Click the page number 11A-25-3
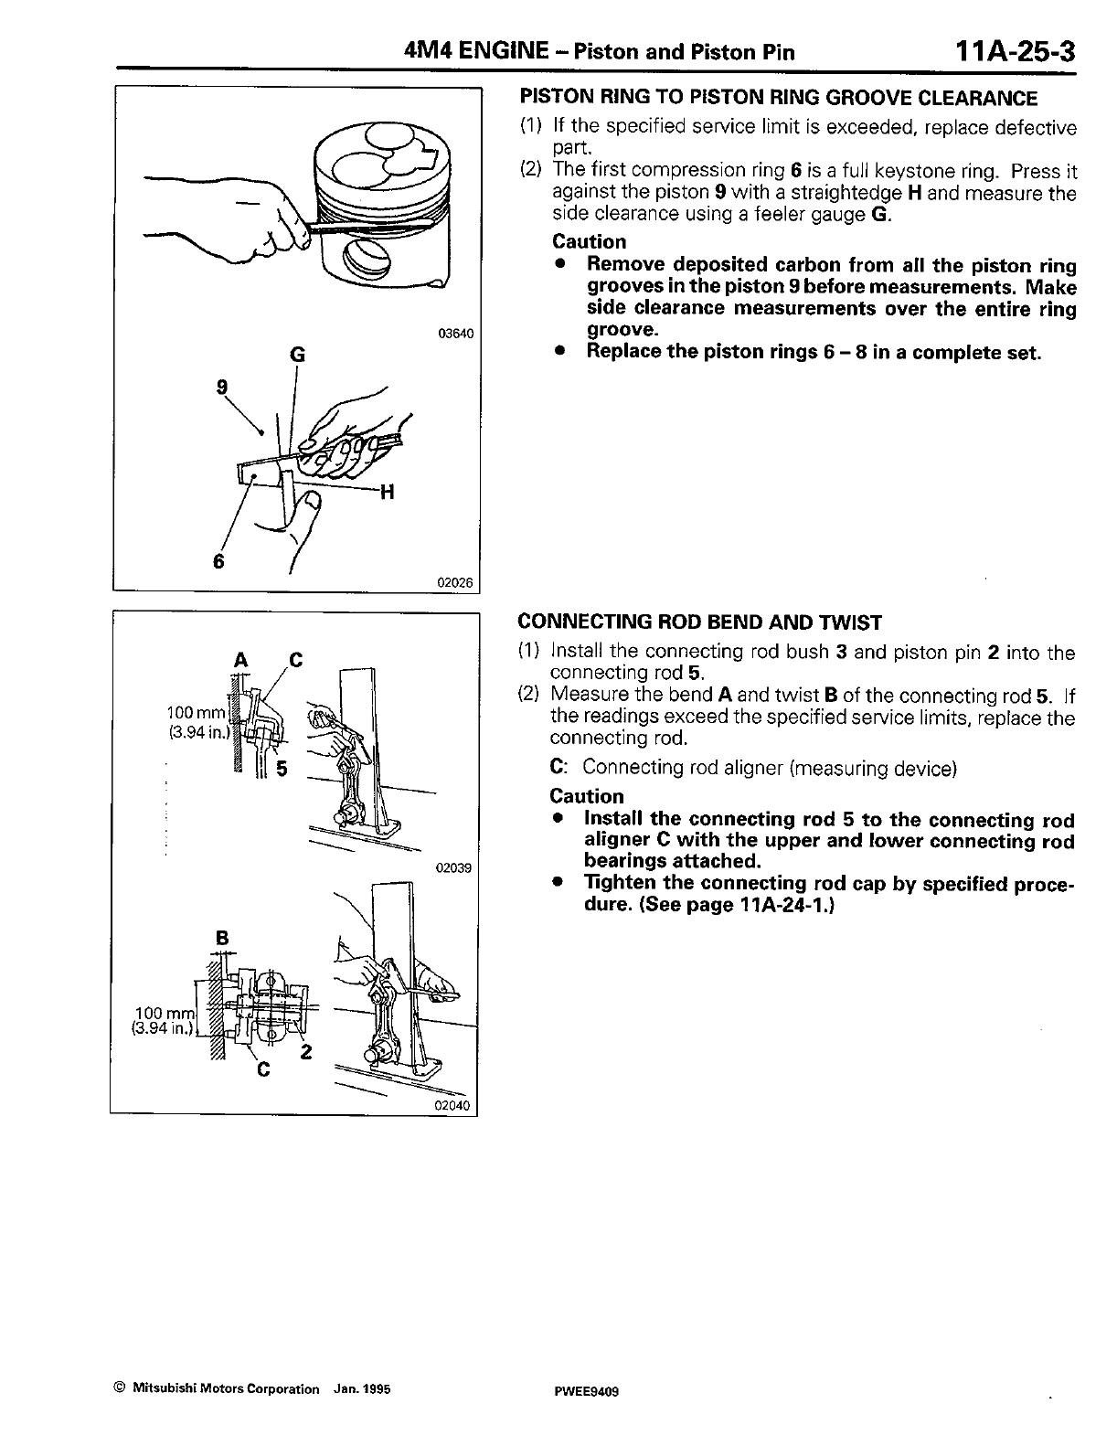[x=1012, y=51]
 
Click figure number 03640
[x=456, y=334]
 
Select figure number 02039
[x=453, y=868]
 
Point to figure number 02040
[x=453, y=1106]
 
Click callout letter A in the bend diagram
[x=241, y=659]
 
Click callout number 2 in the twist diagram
[x=306, y=1052]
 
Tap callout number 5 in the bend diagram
[x=282, y=769]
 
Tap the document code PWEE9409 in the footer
[x=581, y=1389]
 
